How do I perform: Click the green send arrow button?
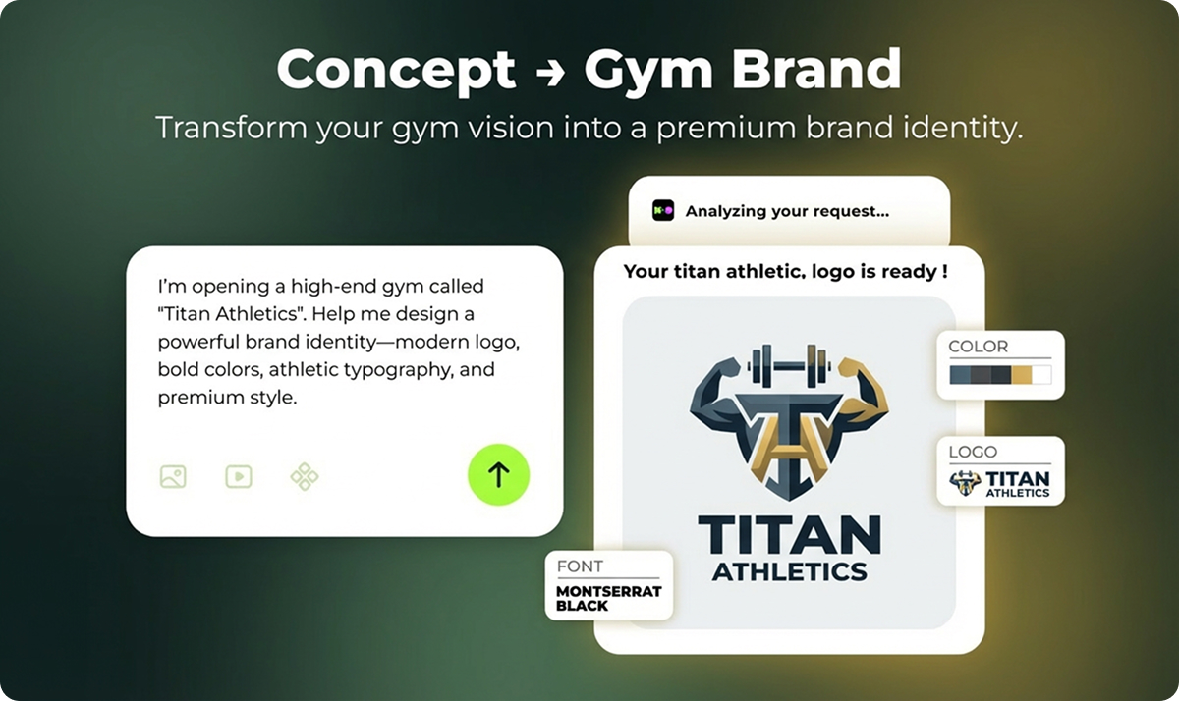tap(498, 475)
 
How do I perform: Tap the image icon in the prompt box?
tap(173, 477)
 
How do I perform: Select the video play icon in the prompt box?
tap(238, 477)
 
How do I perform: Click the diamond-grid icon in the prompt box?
tap(305, 477)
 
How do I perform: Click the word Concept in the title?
tap(396, 69)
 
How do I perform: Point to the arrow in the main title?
tap(549, 71)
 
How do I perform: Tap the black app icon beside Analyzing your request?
tap(663, 210)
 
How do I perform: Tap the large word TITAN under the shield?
tap(789, 535)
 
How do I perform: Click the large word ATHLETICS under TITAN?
tap(789, 570)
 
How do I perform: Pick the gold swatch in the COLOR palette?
tap(1022, 374)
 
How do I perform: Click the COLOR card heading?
tap(978, 347)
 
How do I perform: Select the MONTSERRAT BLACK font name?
tap(609, 599)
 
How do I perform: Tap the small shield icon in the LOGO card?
tap(965, 482)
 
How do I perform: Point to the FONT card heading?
tap(580, 566)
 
